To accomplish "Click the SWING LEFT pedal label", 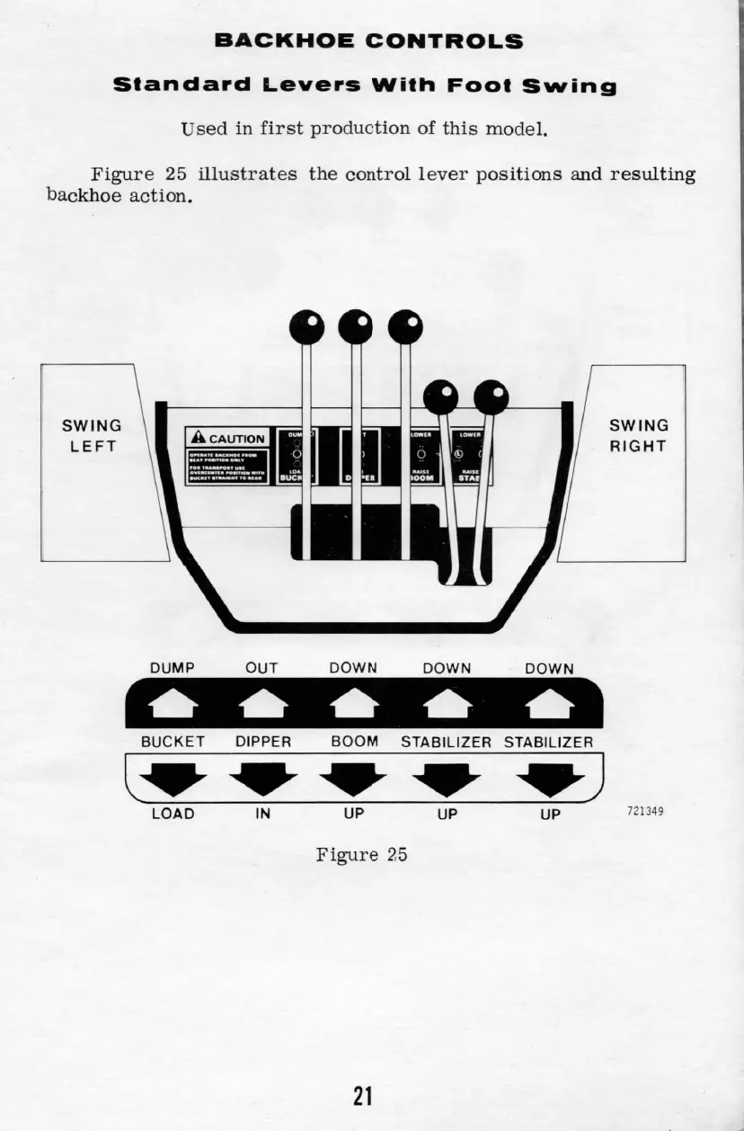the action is coord(91,435).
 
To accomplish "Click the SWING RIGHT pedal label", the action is coord(639,435).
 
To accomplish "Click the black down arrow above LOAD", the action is coord(173,779).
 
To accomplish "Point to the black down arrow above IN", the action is coord(263,779).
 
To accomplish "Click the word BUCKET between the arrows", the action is coord(173,742).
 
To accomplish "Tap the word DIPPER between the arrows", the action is coord(263,742).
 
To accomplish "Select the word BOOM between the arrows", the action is coord(354,742).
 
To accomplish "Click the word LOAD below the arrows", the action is coord(173,814).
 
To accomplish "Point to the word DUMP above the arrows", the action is coord(173,668).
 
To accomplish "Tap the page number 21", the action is coord(362,1096).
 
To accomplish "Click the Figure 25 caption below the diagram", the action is coord(361,854).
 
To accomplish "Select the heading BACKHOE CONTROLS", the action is coord(368,41).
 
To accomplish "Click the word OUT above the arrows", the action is coord(262,668).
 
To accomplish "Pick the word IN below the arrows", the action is coord(263,814).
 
